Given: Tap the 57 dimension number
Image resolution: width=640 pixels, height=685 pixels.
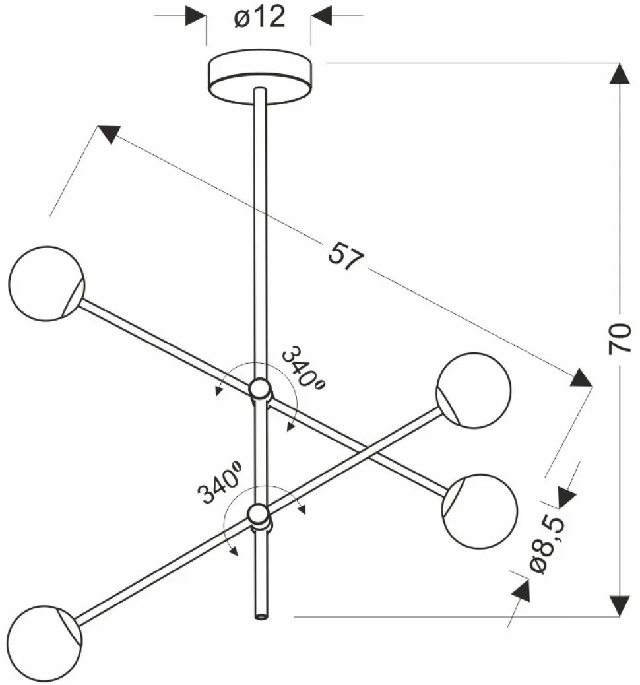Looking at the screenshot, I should pos(346,256).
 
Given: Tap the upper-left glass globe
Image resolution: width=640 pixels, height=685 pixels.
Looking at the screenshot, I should pos(46,284).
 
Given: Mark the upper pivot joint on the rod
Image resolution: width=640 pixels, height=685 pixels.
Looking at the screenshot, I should pos(260,390).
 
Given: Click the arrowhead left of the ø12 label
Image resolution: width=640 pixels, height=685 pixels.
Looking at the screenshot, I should pos(196,15).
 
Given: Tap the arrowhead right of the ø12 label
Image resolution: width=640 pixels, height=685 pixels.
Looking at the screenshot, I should pos(322,15).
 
